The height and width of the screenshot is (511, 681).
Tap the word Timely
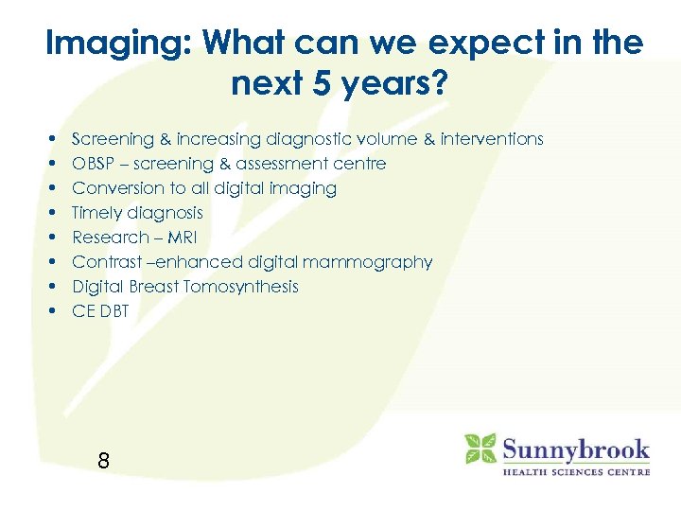tap(97, 213)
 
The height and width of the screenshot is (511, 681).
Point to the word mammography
tap(377, 262)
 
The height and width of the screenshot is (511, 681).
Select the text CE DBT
tap(100, 311)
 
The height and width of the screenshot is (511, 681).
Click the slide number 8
tap(103, 462)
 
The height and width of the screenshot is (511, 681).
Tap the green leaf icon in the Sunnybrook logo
tap(480, 449)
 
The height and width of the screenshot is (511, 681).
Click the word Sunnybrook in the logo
tap(575, 448)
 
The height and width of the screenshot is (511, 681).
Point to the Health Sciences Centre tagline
tap(575, 470)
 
